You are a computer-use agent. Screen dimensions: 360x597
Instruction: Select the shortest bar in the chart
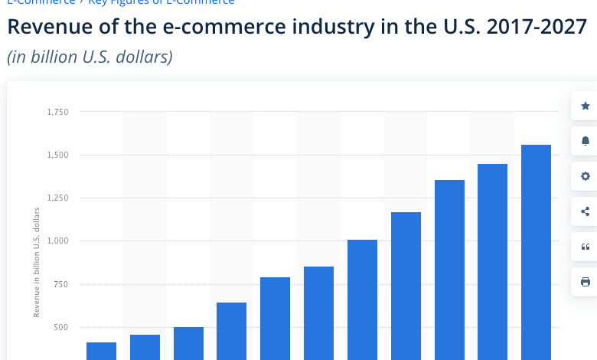click(x=101, y=351)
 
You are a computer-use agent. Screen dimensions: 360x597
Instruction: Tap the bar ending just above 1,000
click(x=362, y=299)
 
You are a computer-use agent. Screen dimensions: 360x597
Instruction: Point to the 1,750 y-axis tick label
click(x=57, y=112)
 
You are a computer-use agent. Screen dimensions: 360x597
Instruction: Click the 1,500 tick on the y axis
click(x=57, y=155)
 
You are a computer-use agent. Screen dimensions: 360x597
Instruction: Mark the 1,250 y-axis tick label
click(x=57, y=198)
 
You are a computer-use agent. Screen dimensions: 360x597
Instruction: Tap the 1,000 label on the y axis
click(x=57, y=241)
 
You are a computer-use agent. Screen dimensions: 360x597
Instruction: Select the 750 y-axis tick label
click(x=61, y=284)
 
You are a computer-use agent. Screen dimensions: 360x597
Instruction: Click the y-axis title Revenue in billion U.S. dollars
click(x=36, y=261)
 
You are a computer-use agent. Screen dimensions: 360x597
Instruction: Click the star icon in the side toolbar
click(x=586, y=106)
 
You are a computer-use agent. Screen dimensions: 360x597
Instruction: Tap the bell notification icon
click(x=586, y=141)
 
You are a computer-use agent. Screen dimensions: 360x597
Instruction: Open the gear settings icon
click(x=586, y=176)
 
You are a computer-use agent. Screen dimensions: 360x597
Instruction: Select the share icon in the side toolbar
click(x=586, y=211)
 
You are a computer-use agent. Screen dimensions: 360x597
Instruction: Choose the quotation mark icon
click(x=586, y=247)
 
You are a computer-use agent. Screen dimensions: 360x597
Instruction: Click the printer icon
click(x=586, y=282)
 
